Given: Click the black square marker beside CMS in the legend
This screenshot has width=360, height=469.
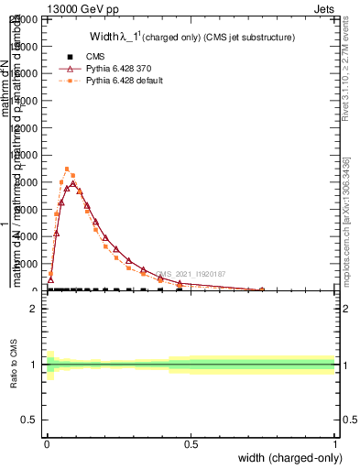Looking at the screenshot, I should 70,57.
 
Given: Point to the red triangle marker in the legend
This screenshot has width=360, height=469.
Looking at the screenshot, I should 70,69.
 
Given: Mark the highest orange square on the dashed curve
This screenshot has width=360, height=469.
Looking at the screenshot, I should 67,169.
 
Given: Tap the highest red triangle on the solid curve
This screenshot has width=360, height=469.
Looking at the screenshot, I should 73,183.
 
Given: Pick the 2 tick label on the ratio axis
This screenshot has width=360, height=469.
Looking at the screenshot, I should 33,309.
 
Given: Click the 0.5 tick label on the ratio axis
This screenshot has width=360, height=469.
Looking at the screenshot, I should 29,420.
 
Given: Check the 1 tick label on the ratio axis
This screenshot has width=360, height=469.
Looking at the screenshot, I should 33,365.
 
